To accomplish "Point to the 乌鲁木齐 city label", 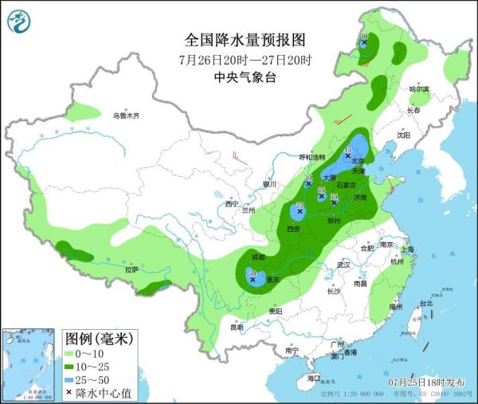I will (x=125, y=116).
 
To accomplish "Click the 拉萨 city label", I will (x=131, y=270).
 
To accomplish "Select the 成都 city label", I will (x=257, y=257).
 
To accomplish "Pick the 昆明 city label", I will (x=237, y=327).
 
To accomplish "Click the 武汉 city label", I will (x=343, y=264).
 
